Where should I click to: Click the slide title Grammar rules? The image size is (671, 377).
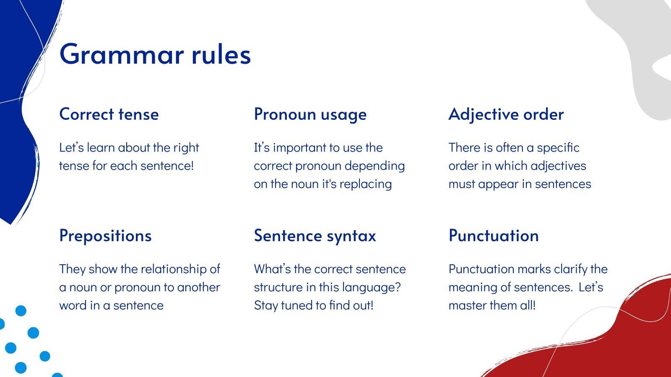(x=155, y=54)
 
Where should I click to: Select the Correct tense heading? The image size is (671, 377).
(x=109, y=114)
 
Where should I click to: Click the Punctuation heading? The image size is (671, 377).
(x=494, y=235)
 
